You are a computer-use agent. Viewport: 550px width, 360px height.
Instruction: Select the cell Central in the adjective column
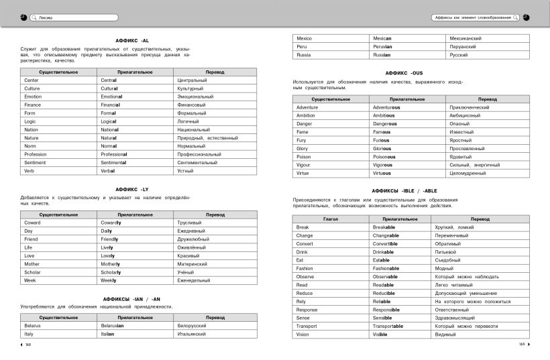(x=109, y=80)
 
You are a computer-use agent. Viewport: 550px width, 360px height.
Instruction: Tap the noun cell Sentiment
(x=35, y=162)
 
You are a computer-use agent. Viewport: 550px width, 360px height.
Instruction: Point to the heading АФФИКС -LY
(x=136, y=190)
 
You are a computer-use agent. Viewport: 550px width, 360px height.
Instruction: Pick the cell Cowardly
(x=111, y=223)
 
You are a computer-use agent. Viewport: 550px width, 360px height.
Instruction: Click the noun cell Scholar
(x=34, y=272)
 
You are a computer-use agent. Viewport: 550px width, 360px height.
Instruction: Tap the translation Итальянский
(x=192, y=334)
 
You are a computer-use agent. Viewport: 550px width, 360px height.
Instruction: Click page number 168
(x=28, y=345)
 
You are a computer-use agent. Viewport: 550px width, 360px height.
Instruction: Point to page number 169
(x=521, y=345)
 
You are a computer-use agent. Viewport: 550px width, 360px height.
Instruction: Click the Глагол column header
(x=331, y=219)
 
